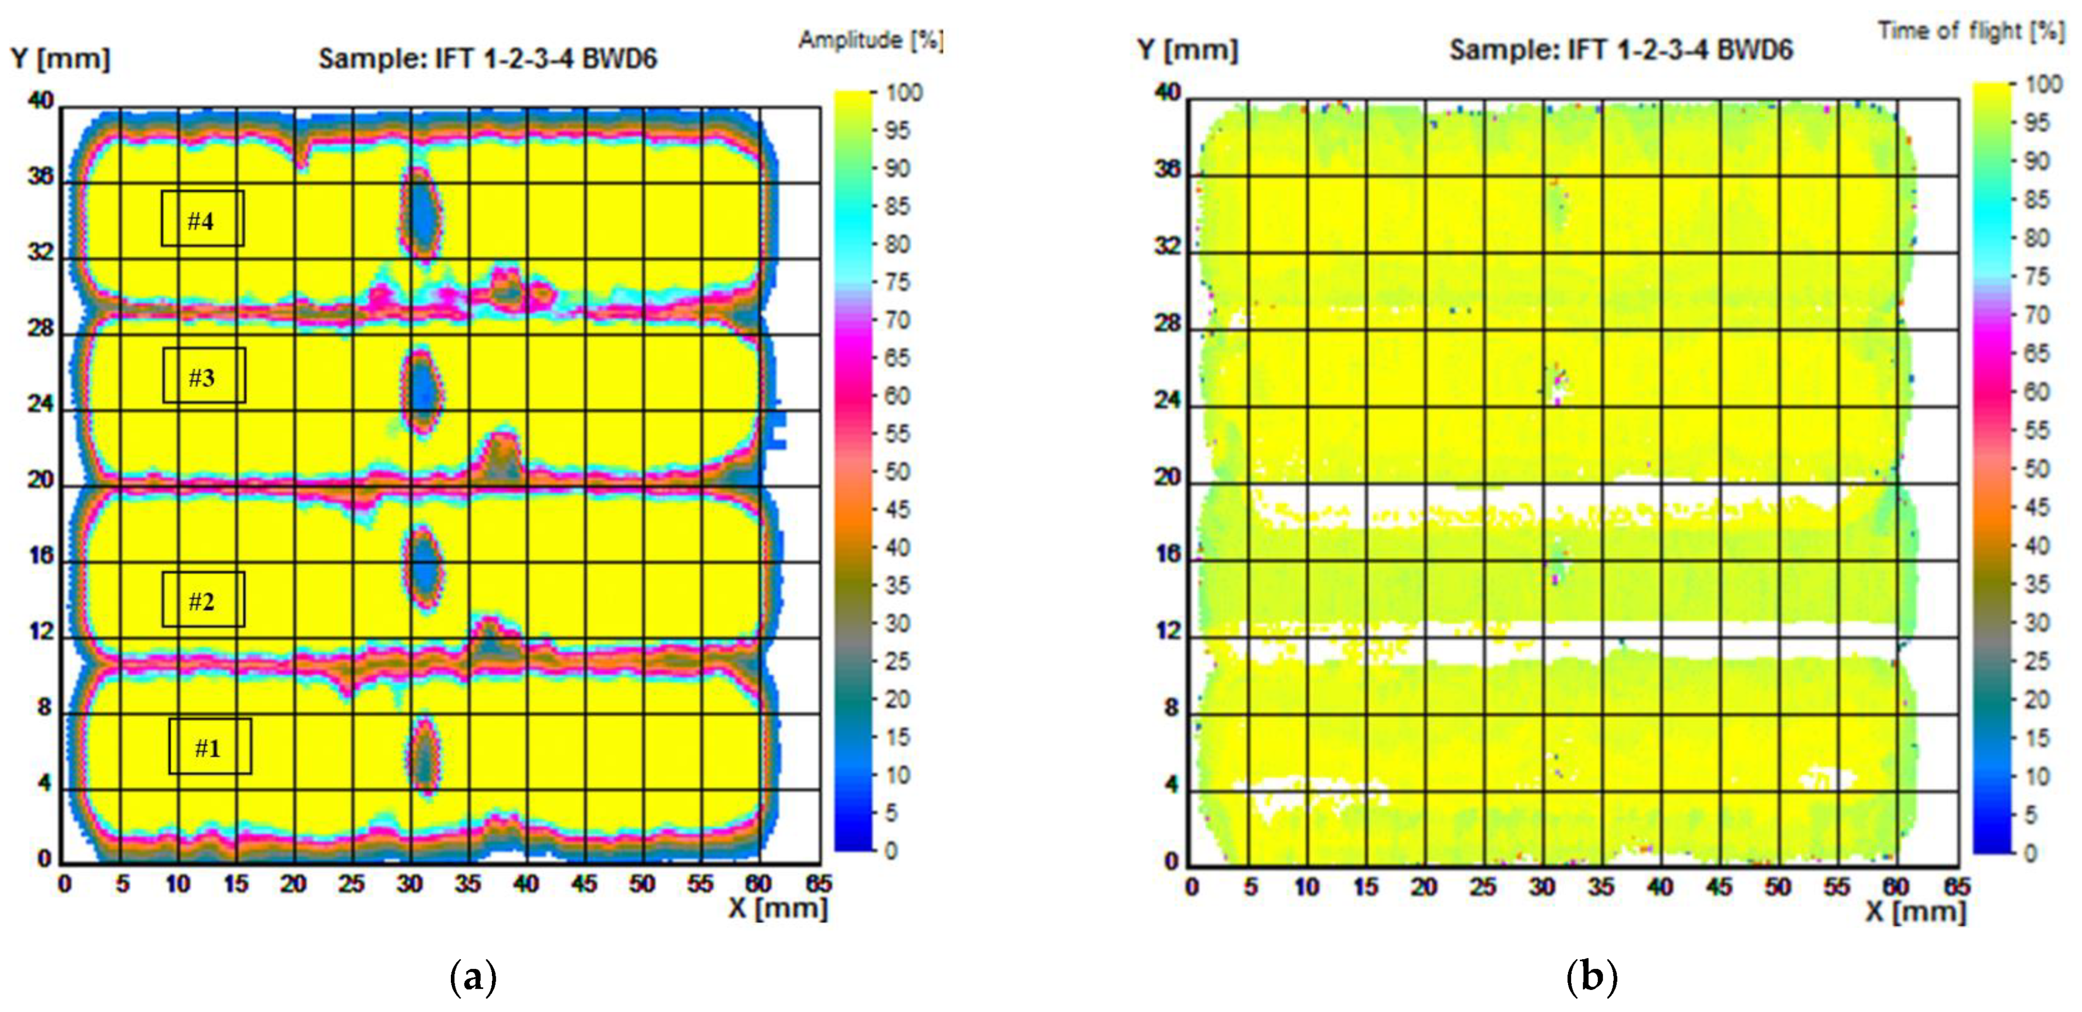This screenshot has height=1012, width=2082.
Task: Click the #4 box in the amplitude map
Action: point(202,218)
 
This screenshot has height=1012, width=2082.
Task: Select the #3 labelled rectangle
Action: point(204,375)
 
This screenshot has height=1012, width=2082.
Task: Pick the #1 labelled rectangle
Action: point(209,746)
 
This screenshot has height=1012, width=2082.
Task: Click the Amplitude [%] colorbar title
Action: point(870,39)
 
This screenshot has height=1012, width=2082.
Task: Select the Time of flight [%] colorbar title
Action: point(1970,31)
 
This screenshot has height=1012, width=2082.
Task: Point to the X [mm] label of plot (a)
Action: point(778,908)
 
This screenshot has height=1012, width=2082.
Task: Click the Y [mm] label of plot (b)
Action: point(1186,50)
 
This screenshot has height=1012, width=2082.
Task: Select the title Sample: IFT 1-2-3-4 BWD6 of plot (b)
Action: point(1620,50)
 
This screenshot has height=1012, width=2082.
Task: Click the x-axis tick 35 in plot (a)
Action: point(467,885)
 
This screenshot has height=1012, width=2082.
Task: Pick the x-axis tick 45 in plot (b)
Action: point(1718,887)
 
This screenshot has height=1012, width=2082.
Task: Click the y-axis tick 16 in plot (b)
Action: point(1167,555)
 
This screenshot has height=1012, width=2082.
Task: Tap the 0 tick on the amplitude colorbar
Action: point(891,851)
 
